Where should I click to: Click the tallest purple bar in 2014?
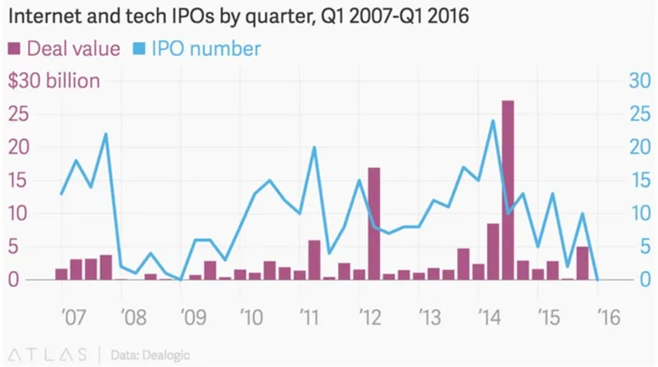click(x=507, y=190)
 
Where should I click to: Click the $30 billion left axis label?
click(x=53, y=81)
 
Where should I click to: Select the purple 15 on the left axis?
click(x=18, y=180)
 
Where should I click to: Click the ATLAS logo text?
click(x=49, y=354)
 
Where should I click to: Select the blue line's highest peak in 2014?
click(x=493, y=121)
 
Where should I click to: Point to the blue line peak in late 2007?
click(x=105, y=133)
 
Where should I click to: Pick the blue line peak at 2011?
click(x=314, y=147)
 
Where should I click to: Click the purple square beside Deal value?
click(x=15, y=49)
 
